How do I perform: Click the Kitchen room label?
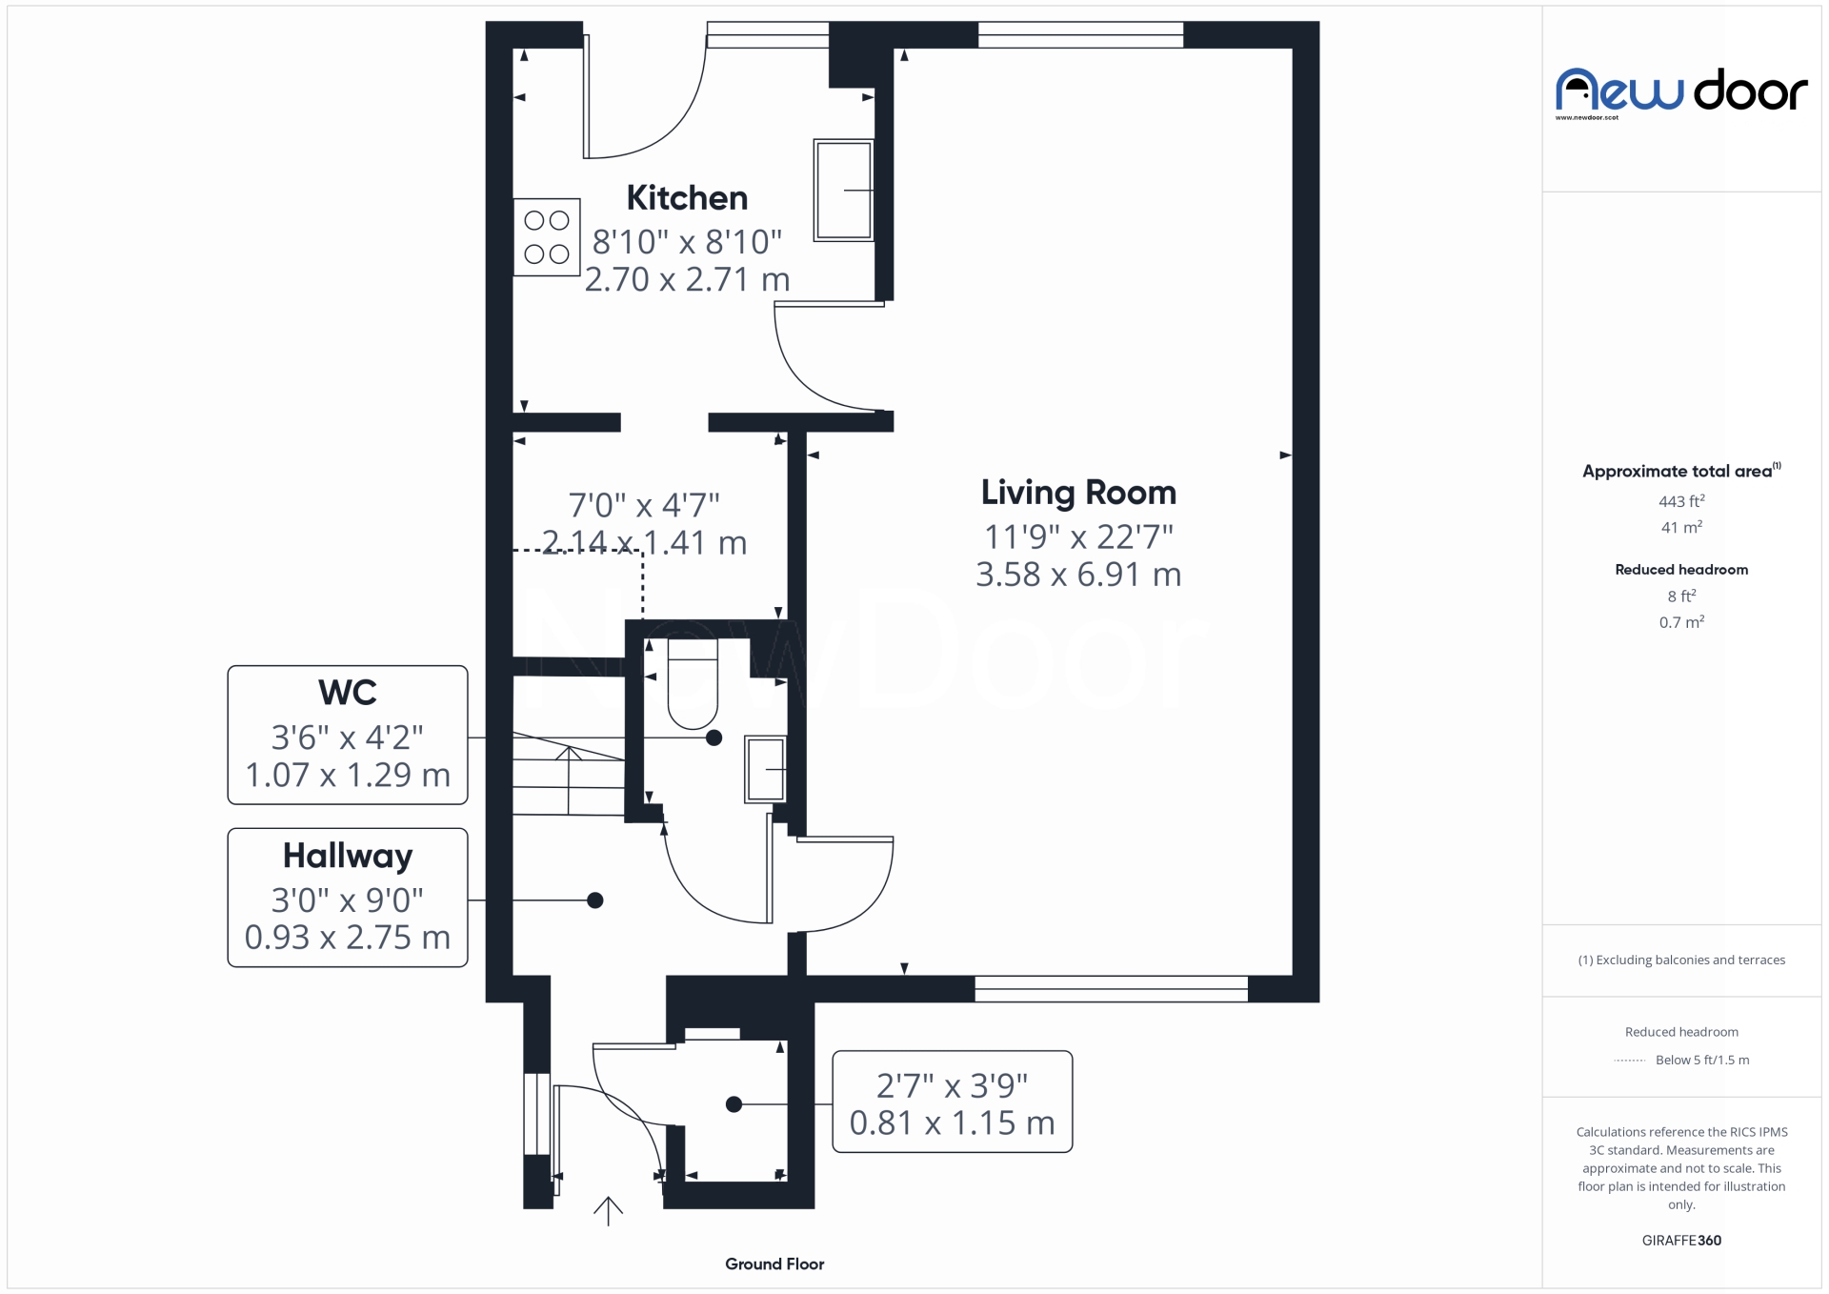(x=687, y=198)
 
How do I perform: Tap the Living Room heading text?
(x=1078, y=493)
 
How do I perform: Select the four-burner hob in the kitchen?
(x=547, y=237)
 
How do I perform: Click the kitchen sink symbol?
(x=843, y=191)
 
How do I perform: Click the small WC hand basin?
(x=765, y=769)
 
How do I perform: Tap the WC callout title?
(x=348, y=693)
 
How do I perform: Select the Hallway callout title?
(x=348, y=856)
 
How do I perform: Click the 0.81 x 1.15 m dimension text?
(x=952, y=1123)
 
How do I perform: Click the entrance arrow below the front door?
(x=608, y=1210)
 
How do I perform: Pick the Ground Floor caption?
(x=774, y=1264)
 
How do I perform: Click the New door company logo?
(x=1681, y=92)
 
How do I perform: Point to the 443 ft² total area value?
(x=1681, y=501)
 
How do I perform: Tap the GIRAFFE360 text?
(x=1681, y=1240)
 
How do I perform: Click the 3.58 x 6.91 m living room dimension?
(x=1078, y=575)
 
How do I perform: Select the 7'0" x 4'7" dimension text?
(x=644, y=505)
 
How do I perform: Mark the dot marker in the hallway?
(x=595, y=900)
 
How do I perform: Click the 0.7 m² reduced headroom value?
(x=1681, y=622)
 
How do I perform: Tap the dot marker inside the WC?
(x=714, y=738)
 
